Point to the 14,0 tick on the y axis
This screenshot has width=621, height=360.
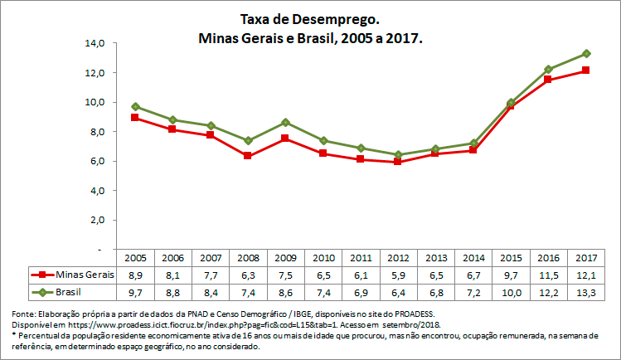click(x=94, y=43)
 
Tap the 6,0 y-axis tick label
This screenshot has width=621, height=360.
click(x=96, y=161)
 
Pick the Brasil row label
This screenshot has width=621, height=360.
click(x=66, y=291)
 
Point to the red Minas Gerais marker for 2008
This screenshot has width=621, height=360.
click(x=248, y=156)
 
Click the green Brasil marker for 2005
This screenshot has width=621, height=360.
click(x=134, y=106)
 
